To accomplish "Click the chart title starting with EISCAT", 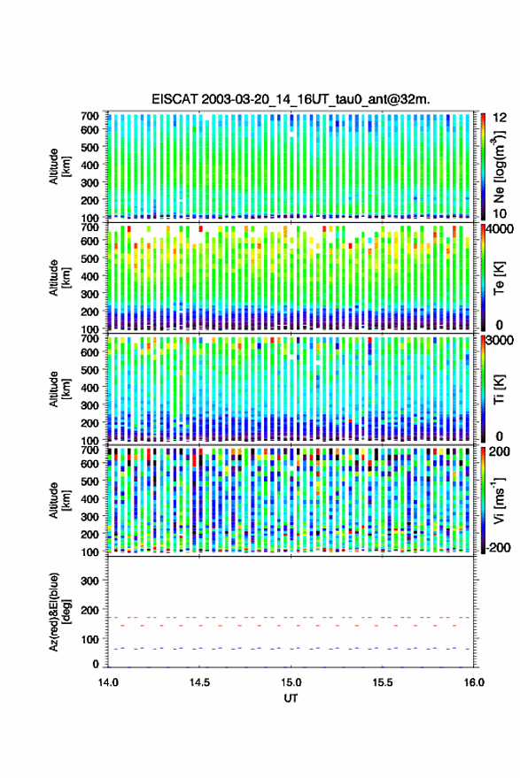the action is pos(291,99).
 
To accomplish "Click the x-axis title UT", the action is pos(291,698).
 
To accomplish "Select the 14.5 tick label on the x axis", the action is pos(199,682).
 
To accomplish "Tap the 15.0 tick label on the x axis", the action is pos(291,682).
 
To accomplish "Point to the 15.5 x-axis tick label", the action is pos(383,682).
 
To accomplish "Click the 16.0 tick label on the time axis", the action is pos(474,682).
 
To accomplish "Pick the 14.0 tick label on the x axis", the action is pos(108,682).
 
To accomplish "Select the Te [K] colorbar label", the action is pos(499,278).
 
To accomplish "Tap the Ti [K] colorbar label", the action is pos(499,389).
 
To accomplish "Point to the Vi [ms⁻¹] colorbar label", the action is pos(499,500).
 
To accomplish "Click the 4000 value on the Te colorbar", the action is pos(501,230).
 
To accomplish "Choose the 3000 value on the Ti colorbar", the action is pos(501,341).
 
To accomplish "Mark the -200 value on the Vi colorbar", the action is pos(497,547).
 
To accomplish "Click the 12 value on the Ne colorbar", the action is pos(501,118).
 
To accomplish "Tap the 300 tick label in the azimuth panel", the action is pos(89,581).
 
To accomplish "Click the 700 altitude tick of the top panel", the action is pos(89,116).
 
